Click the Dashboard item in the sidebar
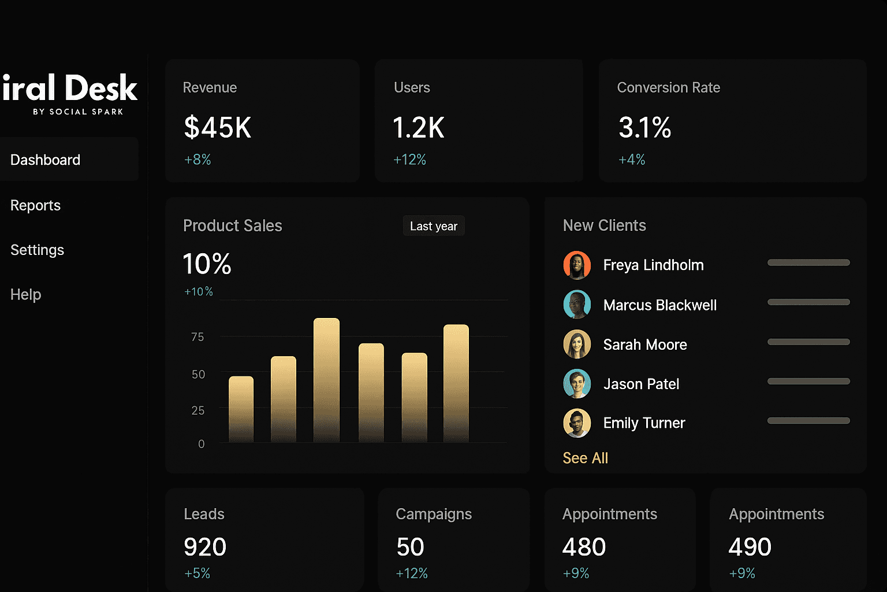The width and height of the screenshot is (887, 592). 46,160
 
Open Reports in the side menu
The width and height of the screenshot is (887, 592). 36,205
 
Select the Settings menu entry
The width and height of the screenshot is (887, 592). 38,250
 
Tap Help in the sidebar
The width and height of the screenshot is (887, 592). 26,294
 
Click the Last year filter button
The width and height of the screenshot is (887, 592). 434,226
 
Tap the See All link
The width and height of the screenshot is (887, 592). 585,458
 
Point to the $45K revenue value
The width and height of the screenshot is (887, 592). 218,128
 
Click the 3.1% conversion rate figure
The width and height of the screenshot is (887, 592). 644,128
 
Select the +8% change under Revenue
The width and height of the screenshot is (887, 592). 197,160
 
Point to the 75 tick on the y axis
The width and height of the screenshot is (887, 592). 197,336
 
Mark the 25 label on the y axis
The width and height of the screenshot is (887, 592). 197,410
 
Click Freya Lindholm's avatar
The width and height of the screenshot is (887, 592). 577,265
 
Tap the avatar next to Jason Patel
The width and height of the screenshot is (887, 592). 577,383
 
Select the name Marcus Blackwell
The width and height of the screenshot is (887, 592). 659,305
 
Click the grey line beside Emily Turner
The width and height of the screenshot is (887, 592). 808,421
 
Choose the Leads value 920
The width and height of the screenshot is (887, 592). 205,547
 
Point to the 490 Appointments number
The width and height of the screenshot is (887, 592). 750,547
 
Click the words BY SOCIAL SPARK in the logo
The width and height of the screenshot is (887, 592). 78,112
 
